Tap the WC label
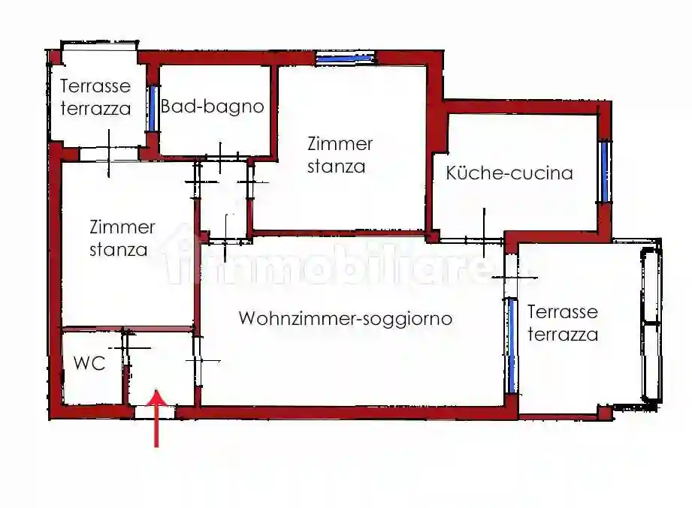coord(89,363)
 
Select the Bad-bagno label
coord(213,107)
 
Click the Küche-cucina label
coord(509,173)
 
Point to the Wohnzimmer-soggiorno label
coord(346,318)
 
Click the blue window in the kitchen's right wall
coord(604,172)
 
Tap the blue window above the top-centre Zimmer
coord(345,59)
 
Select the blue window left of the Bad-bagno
coord(152,109)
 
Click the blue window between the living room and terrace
coord(512,345)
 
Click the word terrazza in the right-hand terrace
coord(563,335)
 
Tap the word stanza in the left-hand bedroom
coord(119,250)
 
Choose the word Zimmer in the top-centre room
coord(340,143)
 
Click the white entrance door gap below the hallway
coord(155,412)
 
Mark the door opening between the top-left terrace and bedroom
coord(108,154)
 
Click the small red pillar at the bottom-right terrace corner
coord(605,412)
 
